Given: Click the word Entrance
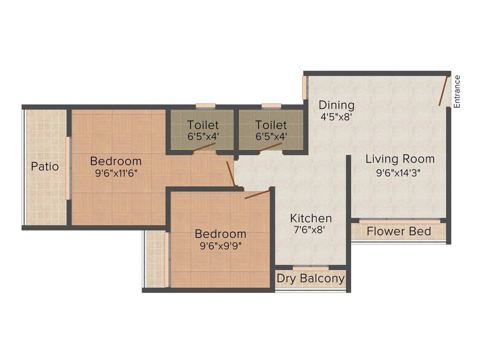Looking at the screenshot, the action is [x=457, y=91].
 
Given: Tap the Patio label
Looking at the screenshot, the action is [x=45, y=166].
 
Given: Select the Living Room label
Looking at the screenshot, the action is [x=400, y=159].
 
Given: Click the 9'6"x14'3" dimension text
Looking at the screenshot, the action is [x=398, y=173].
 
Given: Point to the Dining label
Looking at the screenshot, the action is [x=337, y=105].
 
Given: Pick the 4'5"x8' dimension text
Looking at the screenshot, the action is [x=336, y=117].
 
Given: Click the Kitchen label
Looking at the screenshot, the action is [x=311, y=218].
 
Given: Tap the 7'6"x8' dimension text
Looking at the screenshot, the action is [x=309, y=230].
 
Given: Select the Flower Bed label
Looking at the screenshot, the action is [x=399, y=231].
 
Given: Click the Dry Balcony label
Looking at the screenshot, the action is [x=310, y=278].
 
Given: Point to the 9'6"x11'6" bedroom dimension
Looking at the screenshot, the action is [x=116, y=173].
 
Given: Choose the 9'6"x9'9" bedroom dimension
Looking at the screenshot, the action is [x=220, y=246].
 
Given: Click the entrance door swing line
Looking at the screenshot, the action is [x=443, y=91].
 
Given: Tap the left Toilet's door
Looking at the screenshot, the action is [x=204, y=147].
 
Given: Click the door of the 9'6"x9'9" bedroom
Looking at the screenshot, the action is [x=257, y=195].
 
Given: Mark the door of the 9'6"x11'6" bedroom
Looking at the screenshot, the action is [x=231, y=173].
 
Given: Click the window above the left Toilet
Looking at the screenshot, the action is [x=205, y=106].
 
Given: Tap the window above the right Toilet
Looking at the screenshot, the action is [x=271, y=106].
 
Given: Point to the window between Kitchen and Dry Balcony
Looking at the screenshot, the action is [x=311, y=268].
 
